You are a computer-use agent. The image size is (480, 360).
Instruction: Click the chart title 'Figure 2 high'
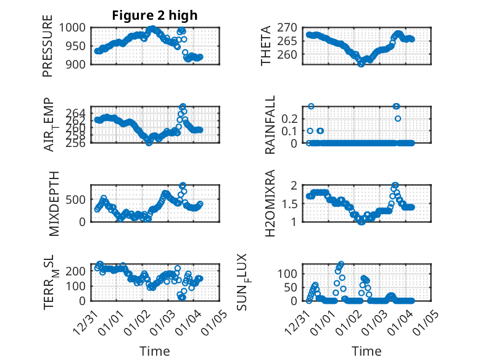point(155,15)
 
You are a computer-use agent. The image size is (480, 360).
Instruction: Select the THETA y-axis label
point(266,46)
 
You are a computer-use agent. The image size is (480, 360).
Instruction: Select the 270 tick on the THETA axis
point(292,28)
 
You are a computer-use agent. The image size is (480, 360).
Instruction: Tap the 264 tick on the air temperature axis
point(79,113)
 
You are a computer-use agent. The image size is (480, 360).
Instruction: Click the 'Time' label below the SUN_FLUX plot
point(366,351)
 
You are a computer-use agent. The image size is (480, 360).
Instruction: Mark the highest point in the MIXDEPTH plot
point(183,185)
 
